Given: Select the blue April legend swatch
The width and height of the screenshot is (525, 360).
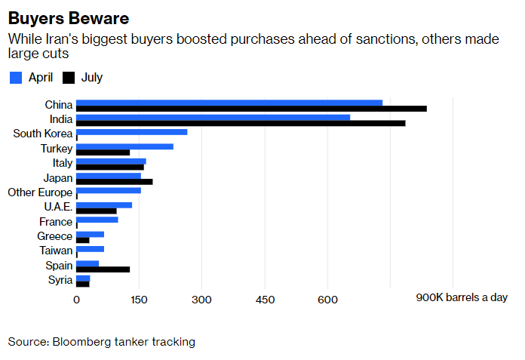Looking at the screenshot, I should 16,78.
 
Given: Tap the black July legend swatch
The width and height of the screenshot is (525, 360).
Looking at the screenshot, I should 69,78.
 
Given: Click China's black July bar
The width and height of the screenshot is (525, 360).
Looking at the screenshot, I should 251,109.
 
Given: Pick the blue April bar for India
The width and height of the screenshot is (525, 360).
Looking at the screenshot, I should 213,117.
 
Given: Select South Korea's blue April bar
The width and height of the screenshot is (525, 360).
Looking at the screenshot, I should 131,132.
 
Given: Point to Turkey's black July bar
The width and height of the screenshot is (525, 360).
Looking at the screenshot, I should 103,152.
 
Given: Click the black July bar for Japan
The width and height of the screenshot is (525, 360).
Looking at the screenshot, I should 114,182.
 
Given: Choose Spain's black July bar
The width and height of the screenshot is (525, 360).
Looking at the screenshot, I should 103,269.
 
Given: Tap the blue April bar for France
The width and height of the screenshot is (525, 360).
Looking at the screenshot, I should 97,220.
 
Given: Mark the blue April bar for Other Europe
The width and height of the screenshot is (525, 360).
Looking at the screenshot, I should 108,190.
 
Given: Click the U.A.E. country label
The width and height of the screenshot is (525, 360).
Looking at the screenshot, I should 57,207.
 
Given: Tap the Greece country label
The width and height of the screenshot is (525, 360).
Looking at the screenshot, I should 55,236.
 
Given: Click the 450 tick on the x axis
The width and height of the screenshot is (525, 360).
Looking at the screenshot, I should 264,299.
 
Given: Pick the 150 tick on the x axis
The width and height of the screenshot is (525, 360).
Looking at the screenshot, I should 139,299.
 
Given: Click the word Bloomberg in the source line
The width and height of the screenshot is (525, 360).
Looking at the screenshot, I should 80,342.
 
